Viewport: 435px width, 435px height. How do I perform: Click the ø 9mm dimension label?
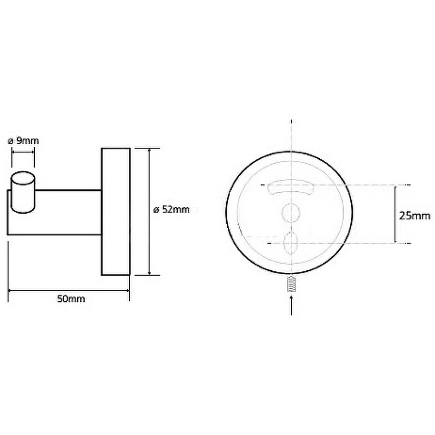[23, 141]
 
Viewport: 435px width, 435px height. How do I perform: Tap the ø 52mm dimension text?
[171, 209]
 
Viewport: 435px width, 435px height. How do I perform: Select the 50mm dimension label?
[71, 299]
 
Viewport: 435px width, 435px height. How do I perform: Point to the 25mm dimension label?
[415, 215]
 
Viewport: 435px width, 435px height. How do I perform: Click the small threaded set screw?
[291, 283]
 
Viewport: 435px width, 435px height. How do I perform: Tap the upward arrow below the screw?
[291, 305]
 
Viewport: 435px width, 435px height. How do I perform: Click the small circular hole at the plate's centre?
[291, 213]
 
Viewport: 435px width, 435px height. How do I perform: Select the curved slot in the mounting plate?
[291, 187]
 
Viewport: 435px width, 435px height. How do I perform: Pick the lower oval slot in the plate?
[291, 243]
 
